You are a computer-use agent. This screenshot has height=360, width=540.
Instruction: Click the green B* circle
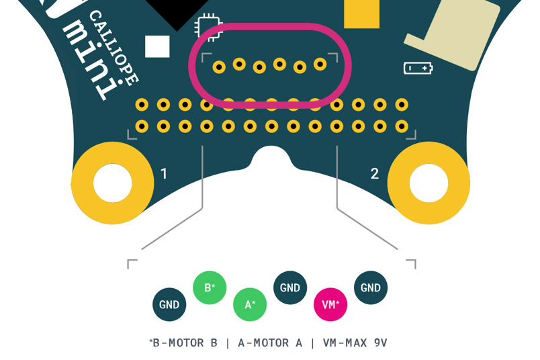(x=210, y=288)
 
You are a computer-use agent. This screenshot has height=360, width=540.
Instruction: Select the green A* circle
(x=250, y=305)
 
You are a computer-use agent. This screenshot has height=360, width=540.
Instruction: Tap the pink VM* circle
(x=330, y=305)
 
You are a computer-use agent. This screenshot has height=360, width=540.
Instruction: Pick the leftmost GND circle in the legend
(x=169, y=305)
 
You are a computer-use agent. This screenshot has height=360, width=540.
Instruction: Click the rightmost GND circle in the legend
(x=371, y=288)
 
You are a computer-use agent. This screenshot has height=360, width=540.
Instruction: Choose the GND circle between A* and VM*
(x=290, y=288)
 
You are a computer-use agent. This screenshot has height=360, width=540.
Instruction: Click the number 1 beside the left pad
(x=164, y=174)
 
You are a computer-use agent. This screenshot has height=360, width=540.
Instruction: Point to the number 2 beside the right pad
(x=375, y=174)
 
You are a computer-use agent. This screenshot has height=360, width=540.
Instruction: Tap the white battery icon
(x=418, y=68)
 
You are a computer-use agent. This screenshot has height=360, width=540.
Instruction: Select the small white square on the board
(x=157, y=46)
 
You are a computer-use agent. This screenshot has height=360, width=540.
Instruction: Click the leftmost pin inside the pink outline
(x=219, y=67)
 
